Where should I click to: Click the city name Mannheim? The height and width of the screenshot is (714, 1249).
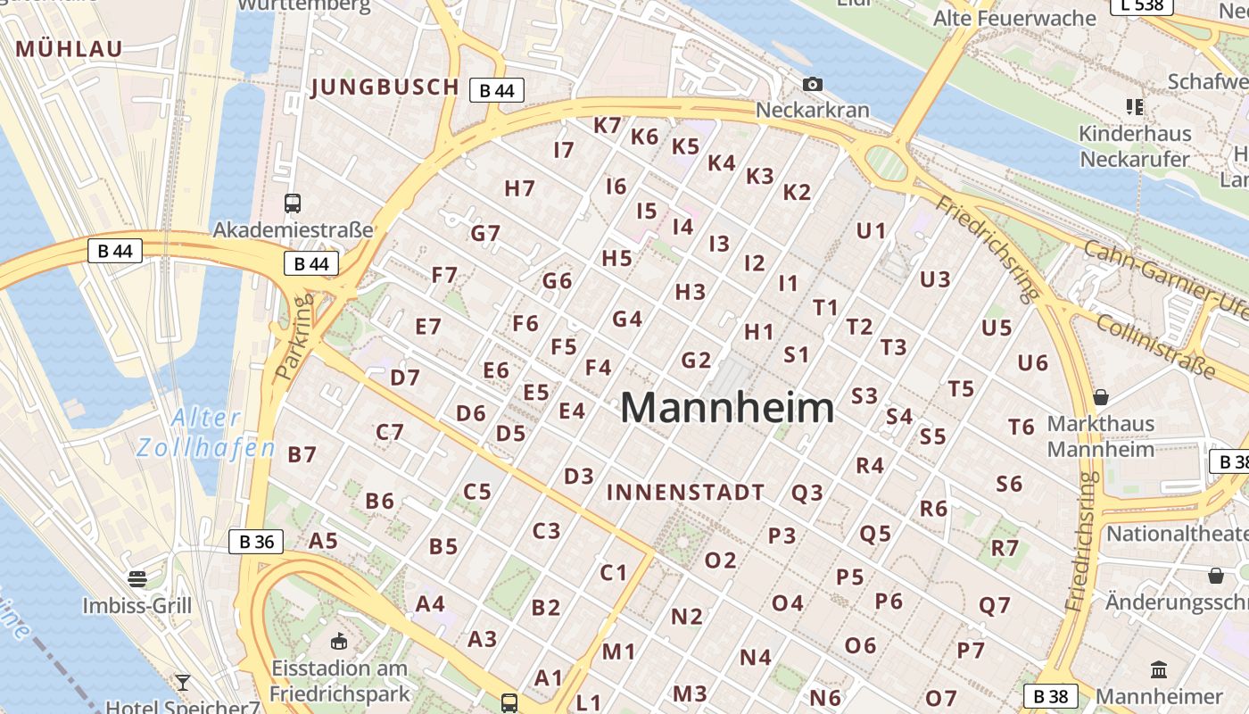[x=727, y=408]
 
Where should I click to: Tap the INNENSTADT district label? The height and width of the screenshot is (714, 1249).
[x=685, y=493]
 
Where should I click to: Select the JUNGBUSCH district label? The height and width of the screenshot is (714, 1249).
[x=385, y=87]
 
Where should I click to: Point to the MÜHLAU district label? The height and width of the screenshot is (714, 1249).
[x=69, y=49]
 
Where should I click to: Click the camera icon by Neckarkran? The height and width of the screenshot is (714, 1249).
[x=812, y=85]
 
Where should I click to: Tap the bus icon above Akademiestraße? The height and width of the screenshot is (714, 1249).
[x=293, y=203]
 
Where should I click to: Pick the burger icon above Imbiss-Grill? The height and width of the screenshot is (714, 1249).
[x=136, y=579]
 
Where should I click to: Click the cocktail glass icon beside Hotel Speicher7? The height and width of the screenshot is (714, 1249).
[x=183, y=684]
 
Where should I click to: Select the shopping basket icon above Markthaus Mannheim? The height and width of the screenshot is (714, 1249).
[x=1101, y=397]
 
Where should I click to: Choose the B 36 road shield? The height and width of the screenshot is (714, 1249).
[x=256, y=541]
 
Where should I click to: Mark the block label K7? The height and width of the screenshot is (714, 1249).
[x=608, y=126]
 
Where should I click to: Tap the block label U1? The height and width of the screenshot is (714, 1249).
[x=871, y=231]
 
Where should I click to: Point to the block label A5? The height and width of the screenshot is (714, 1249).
[x=323, y=541]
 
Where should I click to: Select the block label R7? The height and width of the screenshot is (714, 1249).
[x=1005, y=548]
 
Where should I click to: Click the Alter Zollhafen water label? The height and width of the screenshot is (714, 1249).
[x=206, y=432]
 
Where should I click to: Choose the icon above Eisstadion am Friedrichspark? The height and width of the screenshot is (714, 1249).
[x=339, y=641]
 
